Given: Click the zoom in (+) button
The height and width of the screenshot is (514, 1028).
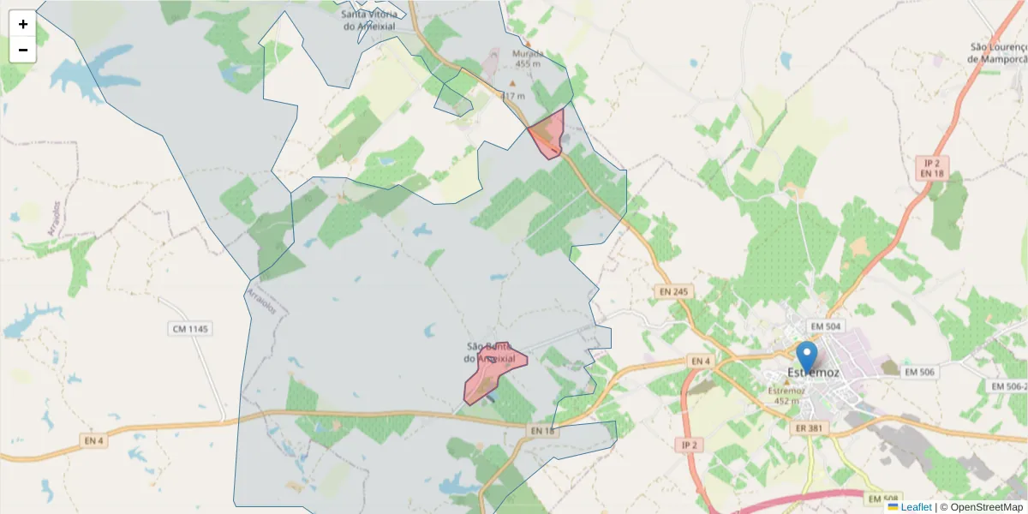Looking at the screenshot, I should coord(23,24).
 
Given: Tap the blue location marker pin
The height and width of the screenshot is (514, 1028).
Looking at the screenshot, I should coord(806,357).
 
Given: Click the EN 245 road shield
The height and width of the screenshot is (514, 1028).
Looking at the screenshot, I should coord(673,292).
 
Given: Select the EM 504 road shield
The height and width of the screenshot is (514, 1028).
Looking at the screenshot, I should coord(826,326).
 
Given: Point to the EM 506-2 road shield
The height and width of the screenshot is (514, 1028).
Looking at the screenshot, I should coord(1007,386).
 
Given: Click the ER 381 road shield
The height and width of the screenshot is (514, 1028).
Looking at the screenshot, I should coord(810,428).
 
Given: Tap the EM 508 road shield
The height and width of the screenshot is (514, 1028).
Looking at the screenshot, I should coord(884,499).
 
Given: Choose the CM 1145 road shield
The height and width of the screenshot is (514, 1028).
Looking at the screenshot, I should coord(190,329).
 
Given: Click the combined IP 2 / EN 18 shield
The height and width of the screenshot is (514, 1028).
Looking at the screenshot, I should coord(931,168).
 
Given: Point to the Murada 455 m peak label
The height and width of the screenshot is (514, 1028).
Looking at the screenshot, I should coord(528,58).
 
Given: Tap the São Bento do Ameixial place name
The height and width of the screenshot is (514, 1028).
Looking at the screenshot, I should coord(490,352).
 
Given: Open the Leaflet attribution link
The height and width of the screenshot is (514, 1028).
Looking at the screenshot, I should coord(916,507).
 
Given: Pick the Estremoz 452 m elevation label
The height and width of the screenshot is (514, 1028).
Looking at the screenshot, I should coord(786,396).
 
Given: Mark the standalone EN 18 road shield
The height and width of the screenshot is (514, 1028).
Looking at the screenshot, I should coord(543,431).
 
